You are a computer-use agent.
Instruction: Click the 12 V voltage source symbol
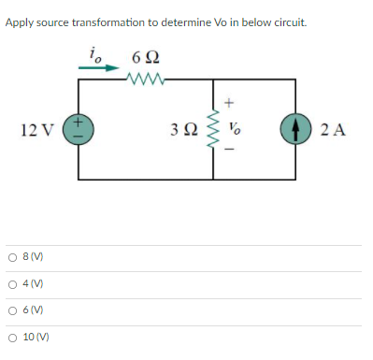78,129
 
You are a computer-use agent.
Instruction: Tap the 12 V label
37,129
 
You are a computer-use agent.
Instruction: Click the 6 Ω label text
146,59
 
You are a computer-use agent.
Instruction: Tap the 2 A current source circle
295,129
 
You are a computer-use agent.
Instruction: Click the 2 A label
333,129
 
